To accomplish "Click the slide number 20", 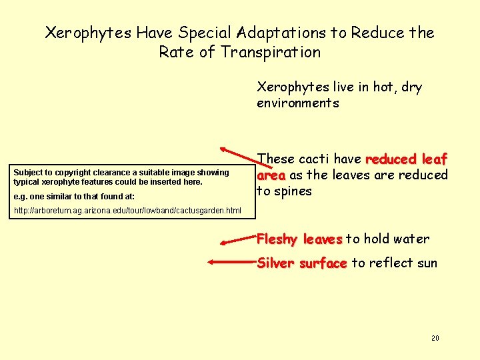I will pyautogui.click(x=435, y=339).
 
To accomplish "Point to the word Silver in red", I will pyautogui.click(x=275, y=263).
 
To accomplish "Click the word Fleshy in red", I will pyautogui.click(x=277, y=239).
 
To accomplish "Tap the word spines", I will pyautogui.click(x=293, y=191).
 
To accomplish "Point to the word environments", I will pyautogui.click(x=297, y=103).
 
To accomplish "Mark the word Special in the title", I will pyautogui.click(x=203, y=32).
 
